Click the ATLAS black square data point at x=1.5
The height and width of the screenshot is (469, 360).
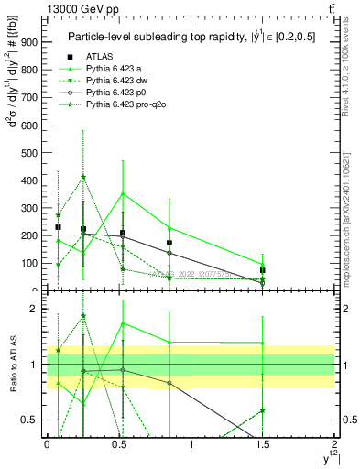coord(263,270)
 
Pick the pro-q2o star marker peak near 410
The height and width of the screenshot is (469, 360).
coord(83,178)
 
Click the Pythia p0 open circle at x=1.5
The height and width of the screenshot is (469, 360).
coord(263,283)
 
